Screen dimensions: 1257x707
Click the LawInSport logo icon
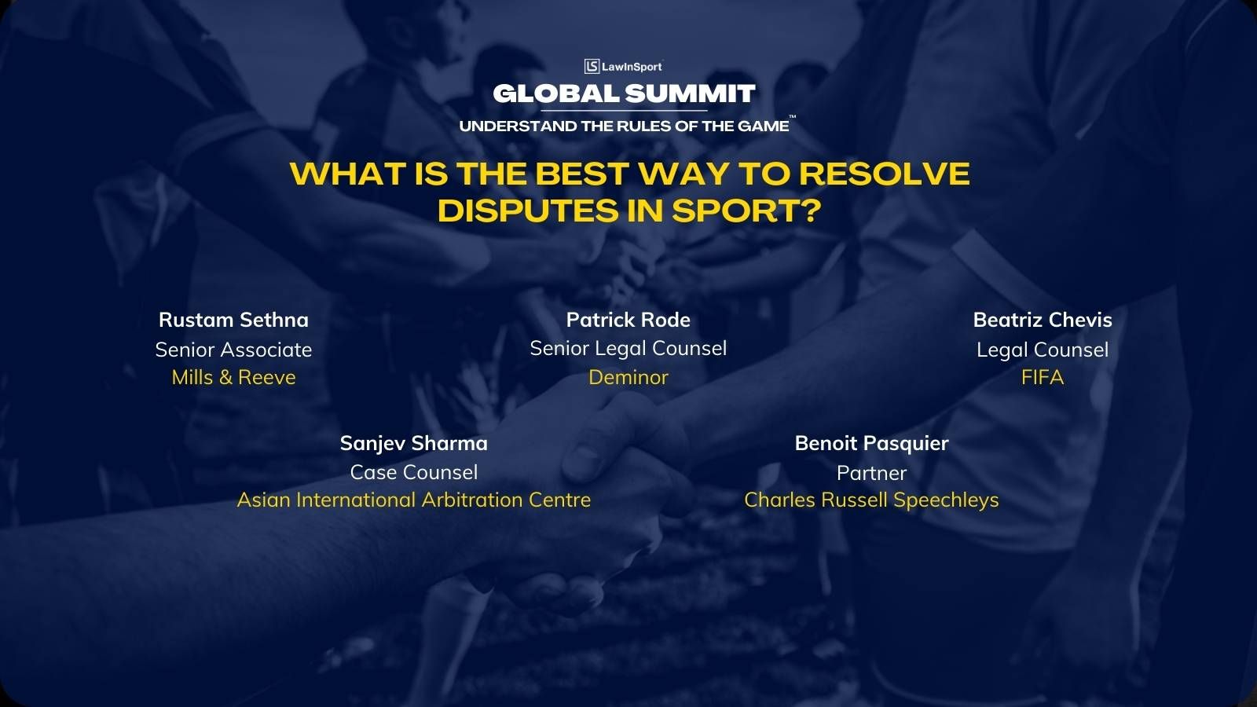point(592,66)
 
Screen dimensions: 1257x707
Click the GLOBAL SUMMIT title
point(624,93)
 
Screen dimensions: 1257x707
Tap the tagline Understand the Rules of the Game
point(624,126)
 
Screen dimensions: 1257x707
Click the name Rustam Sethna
point(233,320)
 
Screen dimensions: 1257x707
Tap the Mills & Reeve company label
point(233,378)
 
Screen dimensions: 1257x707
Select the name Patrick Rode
point(628,320)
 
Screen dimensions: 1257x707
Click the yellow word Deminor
point(628,377)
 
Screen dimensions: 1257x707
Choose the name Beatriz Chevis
point(1042,320)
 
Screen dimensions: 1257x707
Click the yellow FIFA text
point(1042,378)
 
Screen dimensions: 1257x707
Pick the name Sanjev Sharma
point(413,443)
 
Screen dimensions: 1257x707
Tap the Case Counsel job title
point(413,472)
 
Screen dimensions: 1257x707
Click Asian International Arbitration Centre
point(413,500)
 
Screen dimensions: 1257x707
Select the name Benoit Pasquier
point(871,443)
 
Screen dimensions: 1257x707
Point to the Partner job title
point(871,473)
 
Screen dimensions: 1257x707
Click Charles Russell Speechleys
point(871,500)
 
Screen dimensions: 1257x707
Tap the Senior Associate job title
point(233,350)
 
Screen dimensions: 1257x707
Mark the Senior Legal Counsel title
point(628,349)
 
